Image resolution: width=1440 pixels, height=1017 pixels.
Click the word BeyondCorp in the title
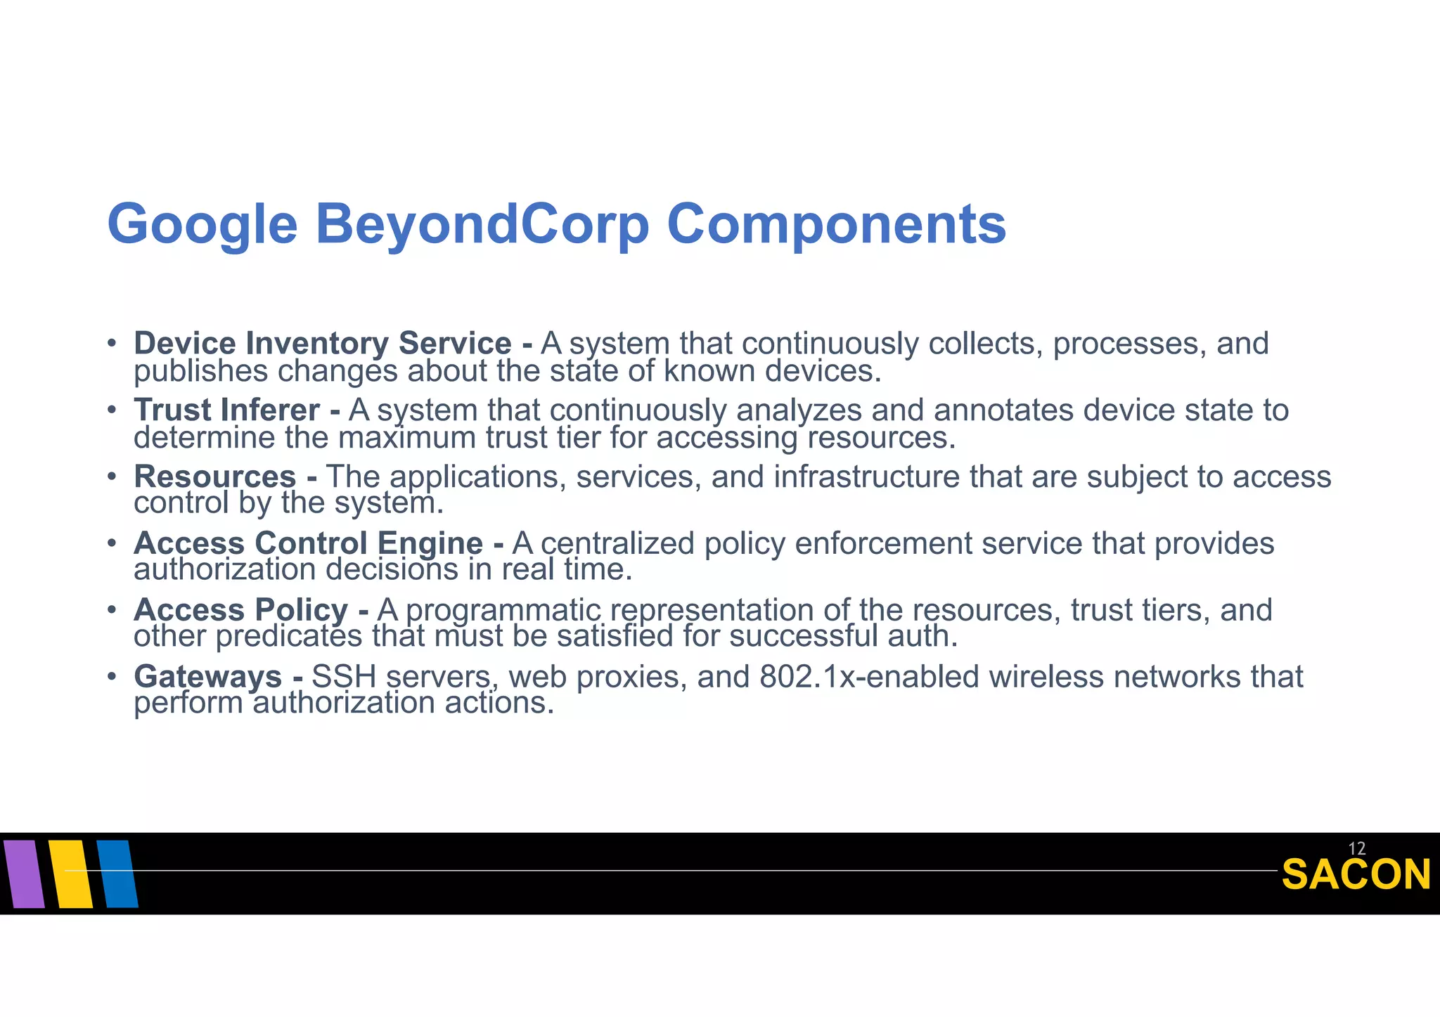click(482, 225)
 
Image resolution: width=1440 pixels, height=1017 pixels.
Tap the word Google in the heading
click(202, 225)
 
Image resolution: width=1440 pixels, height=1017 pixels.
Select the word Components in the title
click(836, 225)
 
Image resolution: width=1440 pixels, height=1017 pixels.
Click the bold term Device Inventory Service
click(323, 344)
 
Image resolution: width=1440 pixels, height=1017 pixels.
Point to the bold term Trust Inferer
click(227, 410)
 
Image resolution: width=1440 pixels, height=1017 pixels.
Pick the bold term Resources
click(214, 477)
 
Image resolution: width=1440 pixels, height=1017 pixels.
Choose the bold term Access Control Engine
click(309, 543)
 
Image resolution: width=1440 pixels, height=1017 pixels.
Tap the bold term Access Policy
click(240, 609)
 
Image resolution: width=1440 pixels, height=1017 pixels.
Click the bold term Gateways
click(208, 676)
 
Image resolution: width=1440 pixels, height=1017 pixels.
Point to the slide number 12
click(1356, 848)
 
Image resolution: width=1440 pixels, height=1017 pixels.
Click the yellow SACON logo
click(1356, 875)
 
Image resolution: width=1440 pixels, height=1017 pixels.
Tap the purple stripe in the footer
click(23, 874)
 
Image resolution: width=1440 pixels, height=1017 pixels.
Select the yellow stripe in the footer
click(70, 874)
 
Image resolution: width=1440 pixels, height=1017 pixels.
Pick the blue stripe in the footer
click(117, 874)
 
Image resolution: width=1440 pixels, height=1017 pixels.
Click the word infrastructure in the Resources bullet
click(866, 477)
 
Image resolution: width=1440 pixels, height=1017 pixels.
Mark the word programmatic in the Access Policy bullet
click(503, 610)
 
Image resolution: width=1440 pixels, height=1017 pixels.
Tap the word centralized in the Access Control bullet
click(617, 543)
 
